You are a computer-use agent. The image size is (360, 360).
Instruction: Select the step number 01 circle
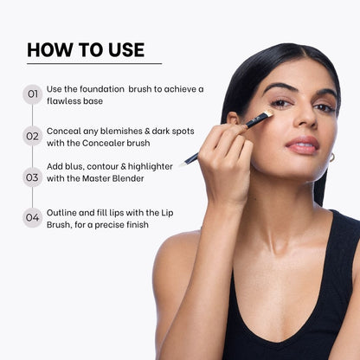tap(33, 94)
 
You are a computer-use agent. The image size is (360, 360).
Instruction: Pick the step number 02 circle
tap(33, 136)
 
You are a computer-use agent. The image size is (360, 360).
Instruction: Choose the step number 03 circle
tap(33, 177)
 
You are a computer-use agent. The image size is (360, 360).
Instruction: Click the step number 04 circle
tap(33, 217)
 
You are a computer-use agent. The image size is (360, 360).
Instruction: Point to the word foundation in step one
tap(102, 89)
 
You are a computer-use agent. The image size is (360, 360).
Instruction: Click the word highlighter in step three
tap(151, 167)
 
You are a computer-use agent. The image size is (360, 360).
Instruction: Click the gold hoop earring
tap(332, 157)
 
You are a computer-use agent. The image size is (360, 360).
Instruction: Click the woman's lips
tap(302, 145)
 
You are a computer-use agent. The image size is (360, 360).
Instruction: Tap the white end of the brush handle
tap(182, 164)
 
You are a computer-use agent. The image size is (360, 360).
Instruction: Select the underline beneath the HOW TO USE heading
tap(94, 63)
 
